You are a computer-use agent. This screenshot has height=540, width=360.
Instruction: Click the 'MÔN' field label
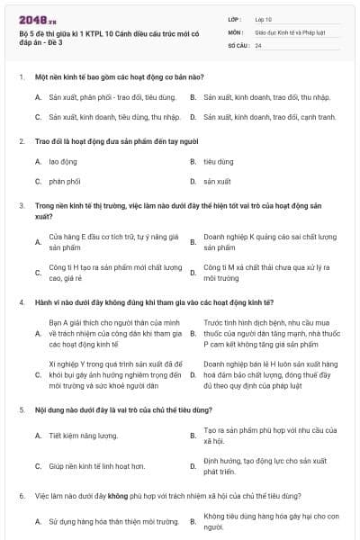[x=236, y=31]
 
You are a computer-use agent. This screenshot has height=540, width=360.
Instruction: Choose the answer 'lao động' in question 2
[x=63, y=162]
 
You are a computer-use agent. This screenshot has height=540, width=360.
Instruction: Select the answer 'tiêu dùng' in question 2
[x=219, y=162]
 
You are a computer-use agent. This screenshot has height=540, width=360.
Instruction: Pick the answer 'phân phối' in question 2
[x=65, y=181]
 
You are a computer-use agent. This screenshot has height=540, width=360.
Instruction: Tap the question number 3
[x=21, y=205]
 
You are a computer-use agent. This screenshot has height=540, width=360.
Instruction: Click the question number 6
[x=21, y=496]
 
